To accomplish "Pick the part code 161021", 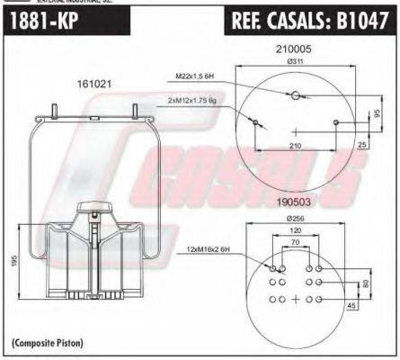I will coord(94,83).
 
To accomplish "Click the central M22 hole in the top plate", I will coord(295,94).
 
